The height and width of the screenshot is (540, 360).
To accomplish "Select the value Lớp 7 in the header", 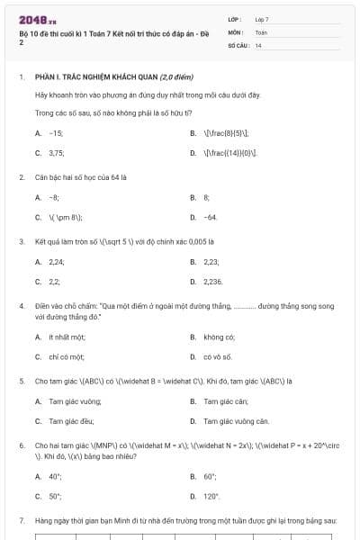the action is point(262,19).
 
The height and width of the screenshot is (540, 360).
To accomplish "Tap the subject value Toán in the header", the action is point(261,31).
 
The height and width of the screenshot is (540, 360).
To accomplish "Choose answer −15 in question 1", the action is point(56,132).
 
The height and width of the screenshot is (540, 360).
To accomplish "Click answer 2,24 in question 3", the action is point(57,261).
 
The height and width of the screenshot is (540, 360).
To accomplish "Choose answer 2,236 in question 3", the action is point(212,282).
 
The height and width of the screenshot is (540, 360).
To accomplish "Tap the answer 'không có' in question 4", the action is point(219,337).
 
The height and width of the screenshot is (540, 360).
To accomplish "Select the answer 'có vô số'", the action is point(218,356).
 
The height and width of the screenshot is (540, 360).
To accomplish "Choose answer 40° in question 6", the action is point(55,475).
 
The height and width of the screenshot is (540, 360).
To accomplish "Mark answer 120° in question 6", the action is point(211,496).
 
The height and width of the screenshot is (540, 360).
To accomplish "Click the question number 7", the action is point(21,520).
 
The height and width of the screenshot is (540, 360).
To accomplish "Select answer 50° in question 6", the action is point(55,496).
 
